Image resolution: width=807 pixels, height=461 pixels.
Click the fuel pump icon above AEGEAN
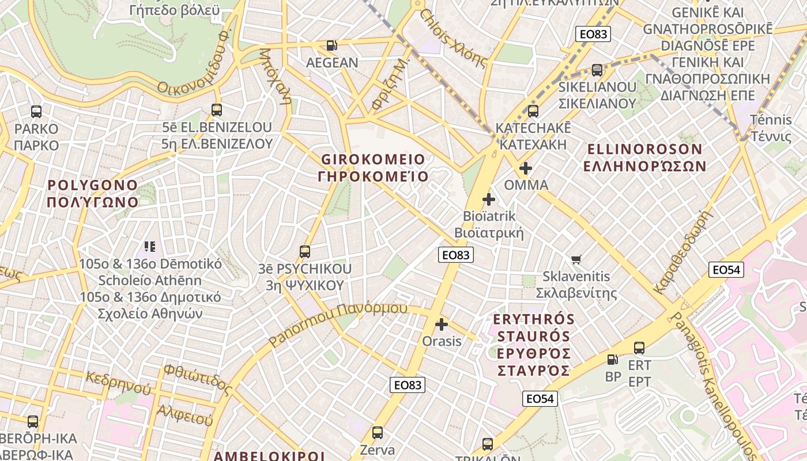click(331, 46)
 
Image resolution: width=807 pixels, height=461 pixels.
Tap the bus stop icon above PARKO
click(36, 112)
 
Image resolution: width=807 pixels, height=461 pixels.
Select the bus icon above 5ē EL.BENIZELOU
click(217, 109)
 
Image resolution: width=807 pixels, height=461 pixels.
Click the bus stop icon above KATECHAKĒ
click(533, 111)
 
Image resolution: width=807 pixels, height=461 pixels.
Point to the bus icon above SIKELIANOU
click(597, 70)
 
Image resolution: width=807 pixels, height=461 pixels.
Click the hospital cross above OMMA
click(525, 168)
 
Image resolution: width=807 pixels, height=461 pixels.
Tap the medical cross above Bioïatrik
click(489, 199)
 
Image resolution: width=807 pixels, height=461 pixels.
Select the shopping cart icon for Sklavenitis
click(576, 260)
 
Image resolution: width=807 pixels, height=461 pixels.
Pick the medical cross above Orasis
click(442, 324)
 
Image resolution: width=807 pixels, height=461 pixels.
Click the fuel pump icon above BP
click(613, 360)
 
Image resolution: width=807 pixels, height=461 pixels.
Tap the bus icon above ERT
click(639, 348)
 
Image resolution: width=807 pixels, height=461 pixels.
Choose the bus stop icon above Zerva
click(378, 432)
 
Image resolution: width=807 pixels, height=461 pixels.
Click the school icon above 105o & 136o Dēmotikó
click(150, 247)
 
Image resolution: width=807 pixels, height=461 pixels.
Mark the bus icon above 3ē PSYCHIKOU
click(305, 252)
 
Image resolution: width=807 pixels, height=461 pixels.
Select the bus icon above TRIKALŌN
click(488, 444)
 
